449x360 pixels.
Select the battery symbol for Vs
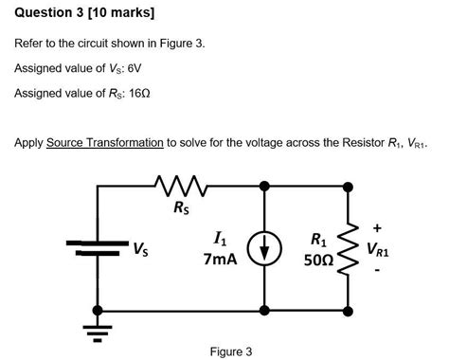[97, 248]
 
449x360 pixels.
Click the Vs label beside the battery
[139, 250]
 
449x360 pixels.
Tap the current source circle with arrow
[262, 248]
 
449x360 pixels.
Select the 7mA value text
[220, 258]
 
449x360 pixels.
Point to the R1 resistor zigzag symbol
[349, 248]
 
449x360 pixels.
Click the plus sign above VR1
[377, 227]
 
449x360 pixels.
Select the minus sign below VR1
[377, 272]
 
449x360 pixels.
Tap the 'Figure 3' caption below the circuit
[231, 351]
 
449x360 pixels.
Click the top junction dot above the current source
[262, 185]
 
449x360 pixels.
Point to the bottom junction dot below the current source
[262, 310]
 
